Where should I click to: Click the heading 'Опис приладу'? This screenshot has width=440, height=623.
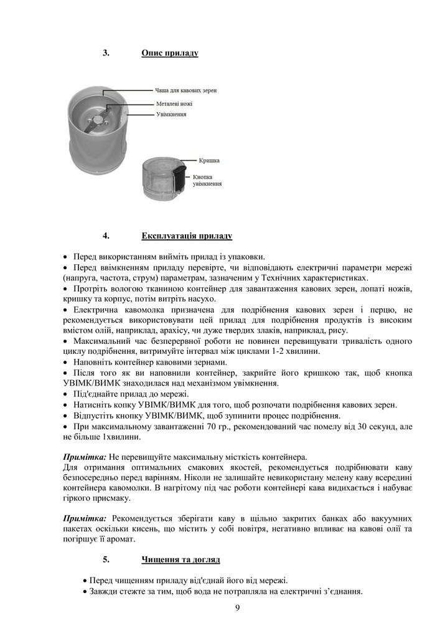pyautogui.click(x=169, y=54)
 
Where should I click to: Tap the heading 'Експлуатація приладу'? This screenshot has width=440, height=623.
pyautogui.click(x=187, y=236)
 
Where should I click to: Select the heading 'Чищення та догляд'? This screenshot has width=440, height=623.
pyautogui.click(x=180, y=559)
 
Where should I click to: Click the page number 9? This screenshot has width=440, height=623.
pyautogui.click(x=238, y=608)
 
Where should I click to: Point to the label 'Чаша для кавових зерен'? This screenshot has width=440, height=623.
pyautogui.click(x=185, y=90)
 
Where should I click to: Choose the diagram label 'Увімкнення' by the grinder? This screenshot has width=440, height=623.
pyautogui.click(x=171, y=115)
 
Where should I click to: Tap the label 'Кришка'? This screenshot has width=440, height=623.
pyautogui.click(x=209, y=160)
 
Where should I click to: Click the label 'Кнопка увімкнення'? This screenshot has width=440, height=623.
pyautogui.click(x=207, y=180)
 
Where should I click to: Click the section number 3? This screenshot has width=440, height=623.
pyautogui.click(x=106, y=54)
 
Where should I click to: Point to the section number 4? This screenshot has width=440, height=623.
pyautogui.click(x=106, y=236)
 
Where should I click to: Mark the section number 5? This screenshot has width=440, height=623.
pyautogui.click(x=106, y=559)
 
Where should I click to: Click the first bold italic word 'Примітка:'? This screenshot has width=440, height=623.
pyautogui.click(x=85, y=457)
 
